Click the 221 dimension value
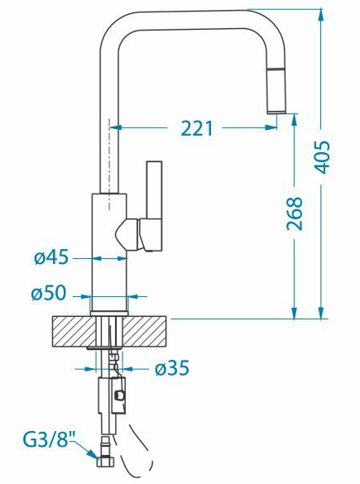(x=197, y=128)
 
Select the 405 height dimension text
(x=321, y=157)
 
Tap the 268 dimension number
(x=295, y=213)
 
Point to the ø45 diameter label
(x=51, y=256)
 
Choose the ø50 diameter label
(x=49, y=293)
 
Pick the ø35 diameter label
(x=172, y=368)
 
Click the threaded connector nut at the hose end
(x=106, y=462)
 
